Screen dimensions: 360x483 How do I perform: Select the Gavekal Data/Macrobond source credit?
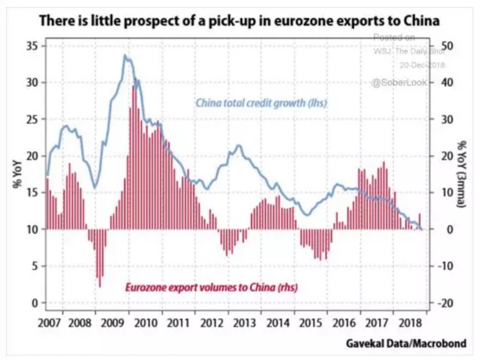[405, 344]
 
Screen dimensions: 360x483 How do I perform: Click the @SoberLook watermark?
[400, 82]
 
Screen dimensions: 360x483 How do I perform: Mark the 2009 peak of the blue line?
[125, 55]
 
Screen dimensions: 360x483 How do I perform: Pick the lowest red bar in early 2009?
[100, 286]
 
